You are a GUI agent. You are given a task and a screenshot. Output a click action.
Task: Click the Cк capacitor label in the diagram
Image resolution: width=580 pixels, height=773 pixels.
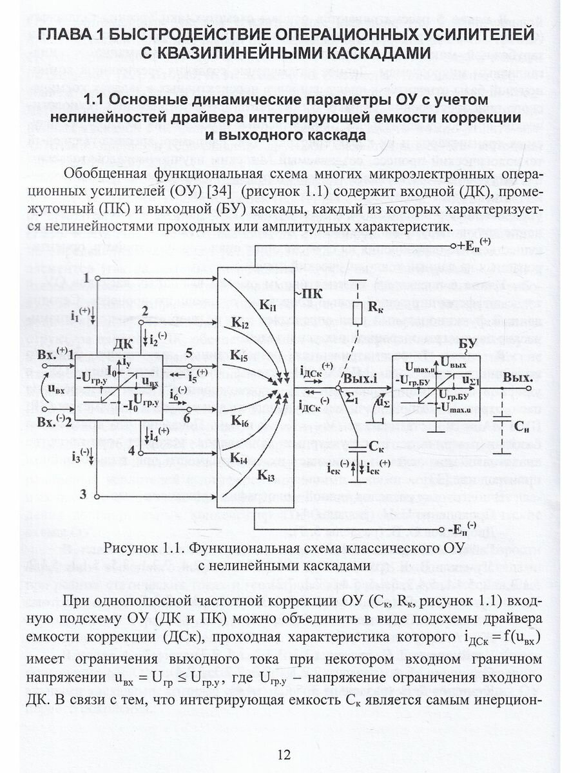point(382,445)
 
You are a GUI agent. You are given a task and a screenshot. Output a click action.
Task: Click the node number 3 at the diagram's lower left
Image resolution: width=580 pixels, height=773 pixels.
point(82,495)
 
